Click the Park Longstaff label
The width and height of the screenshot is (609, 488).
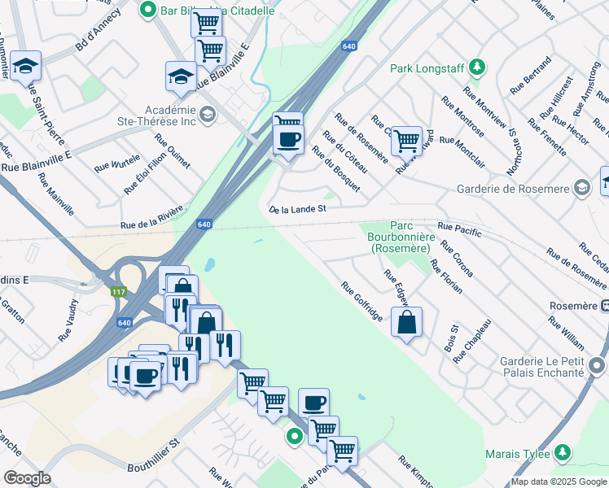point(430,68)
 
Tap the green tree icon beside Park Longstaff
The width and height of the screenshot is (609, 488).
point(480,67)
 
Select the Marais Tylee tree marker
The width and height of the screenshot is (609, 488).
point(562,452)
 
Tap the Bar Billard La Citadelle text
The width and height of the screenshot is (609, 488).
point(215,11)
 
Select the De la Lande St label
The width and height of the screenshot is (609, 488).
point(298,209)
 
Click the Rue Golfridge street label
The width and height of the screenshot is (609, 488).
point(361,301)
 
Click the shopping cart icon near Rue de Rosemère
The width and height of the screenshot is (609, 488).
point(405,140)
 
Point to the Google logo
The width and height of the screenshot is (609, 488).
point(27,478)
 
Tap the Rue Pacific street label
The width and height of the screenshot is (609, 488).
point(460,229)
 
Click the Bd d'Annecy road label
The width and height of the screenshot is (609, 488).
point(98,31)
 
